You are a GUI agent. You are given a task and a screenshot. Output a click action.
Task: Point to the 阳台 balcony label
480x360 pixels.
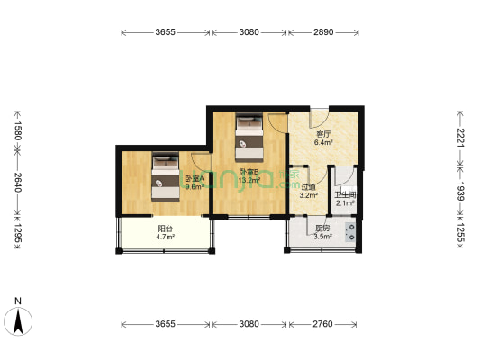[x=165, y=232]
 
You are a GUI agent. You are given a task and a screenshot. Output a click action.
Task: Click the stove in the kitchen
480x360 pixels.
[x=350, y=228]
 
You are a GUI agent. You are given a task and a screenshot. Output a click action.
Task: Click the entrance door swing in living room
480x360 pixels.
[x=319, y=118]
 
